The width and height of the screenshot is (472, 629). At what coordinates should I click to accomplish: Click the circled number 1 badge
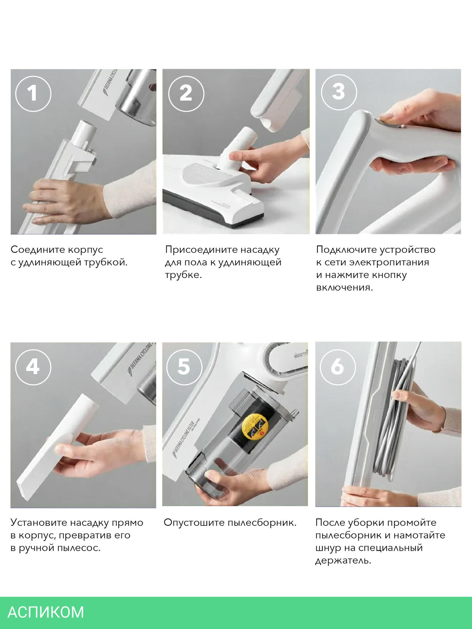pos(33,93)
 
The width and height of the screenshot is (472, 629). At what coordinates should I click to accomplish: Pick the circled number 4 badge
pos(33,367)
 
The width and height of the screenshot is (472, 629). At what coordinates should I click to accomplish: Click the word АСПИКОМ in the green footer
pos(46,612)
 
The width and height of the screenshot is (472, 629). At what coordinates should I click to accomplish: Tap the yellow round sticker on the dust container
pos(255,427)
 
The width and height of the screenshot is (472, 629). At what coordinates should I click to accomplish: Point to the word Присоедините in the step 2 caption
pos(200,250)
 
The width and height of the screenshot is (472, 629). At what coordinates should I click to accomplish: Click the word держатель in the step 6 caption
pos(343,561)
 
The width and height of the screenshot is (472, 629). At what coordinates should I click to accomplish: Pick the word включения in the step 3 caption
pos(344,288)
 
